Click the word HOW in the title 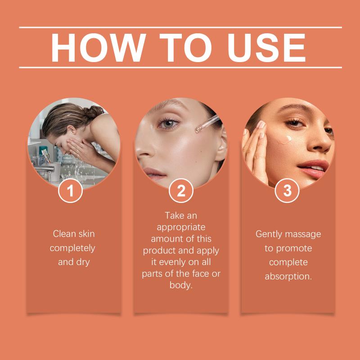(99, 48)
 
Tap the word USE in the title (266, 48)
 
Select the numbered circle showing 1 (70, 190)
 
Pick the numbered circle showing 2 (181, 190)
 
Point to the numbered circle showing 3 (287, 190)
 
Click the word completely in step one (72, 248)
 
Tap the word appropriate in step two (181, 228)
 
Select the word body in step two (180, 285)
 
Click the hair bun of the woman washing (94, 112)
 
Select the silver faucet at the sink (45, 171)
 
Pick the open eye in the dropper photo (168, 124)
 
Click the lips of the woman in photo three (313, 169)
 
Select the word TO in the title (185, 48)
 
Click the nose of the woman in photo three (320, 144)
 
